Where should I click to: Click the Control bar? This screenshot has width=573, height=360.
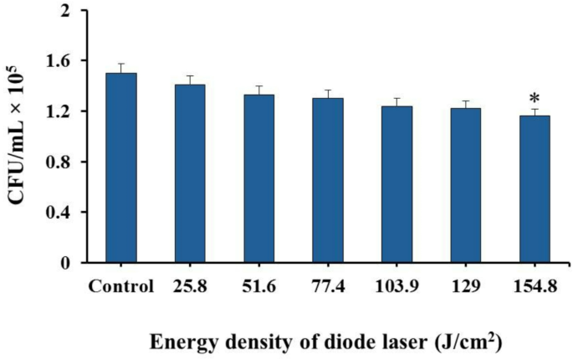121,167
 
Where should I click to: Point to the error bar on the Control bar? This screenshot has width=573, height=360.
121,68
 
